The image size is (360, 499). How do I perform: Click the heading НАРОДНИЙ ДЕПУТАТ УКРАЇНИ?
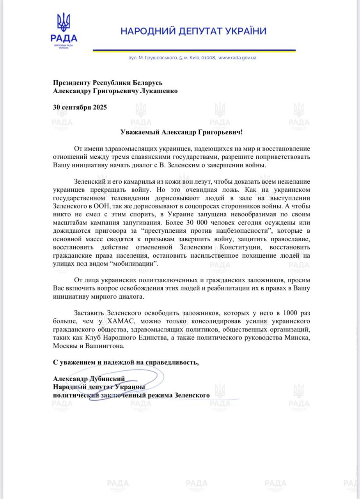coord(193,31)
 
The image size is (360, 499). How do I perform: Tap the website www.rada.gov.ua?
coord(237,58)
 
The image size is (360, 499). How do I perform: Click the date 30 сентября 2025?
coord(80,107)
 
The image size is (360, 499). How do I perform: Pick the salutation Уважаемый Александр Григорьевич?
coord(181,132)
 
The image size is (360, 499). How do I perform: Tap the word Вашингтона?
coord(103,346)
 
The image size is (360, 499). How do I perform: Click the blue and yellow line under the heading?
coord(194,51)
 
